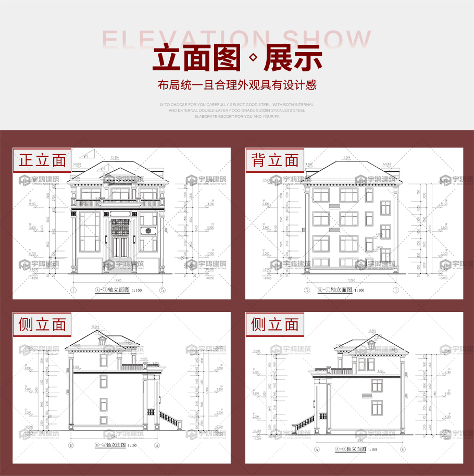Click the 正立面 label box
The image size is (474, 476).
pyautogui.click(x=42, y=160)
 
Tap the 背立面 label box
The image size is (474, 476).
pyautogui.click(x=275, y=160)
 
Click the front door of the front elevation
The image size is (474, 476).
pyautogui.click(x=121, y=244)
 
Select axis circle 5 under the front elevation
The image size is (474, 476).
pyautogui.click(x=163, y=290)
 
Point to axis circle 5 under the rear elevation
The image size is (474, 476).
pyautogui.click(x=307, y=290)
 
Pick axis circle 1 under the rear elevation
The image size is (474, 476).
pyautogui.click(x=396, y=290)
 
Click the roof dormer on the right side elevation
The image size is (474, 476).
pyautogui.click(x=370, y=345)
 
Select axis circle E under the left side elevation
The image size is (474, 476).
pyautogui.click(x=71, y=446)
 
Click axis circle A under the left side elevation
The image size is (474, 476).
pyautogui.click(x=156, y=446)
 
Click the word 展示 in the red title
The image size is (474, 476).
pyautogui.click(x=293, y=58)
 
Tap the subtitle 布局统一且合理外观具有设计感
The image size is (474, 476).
pyautogui.click(x=237, y=85)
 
